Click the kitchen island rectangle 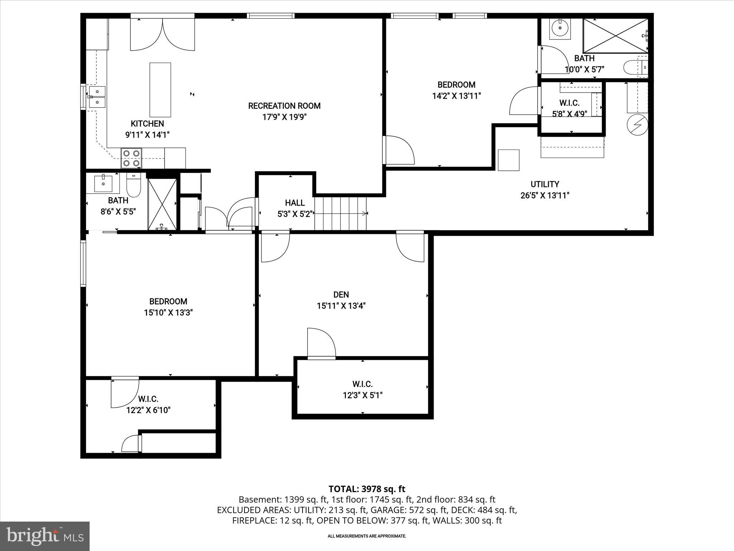[160, 90]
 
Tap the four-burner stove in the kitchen [131, 158]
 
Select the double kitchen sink [97, 97]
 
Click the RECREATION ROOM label [284, 106]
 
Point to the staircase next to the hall [340, 213]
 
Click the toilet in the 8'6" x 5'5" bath [134, 185]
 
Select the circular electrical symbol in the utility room [637, 125]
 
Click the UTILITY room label [545, 184]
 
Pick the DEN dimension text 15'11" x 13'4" [341, 306]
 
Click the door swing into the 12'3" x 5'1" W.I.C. [321, 343]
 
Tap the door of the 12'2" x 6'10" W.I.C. [124, 393]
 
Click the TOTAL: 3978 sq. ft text [367, 489]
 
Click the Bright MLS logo [45, 536]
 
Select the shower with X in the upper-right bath [615, 36]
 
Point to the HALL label [295, 203]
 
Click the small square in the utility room [509, 160]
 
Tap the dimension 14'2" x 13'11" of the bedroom [456, 96]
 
